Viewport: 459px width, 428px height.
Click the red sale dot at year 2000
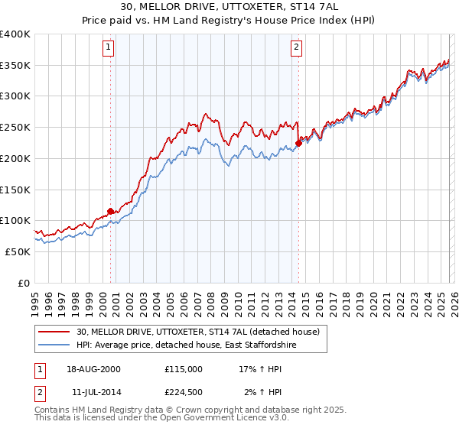(110, 210)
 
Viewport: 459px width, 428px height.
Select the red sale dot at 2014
(298, 142)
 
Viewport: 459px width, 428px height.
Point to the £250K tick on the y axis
(15, 128)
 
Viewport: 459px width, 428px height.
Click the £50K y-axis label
(17, 251)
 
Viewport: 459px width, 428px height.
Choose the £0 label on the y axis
(24, 283)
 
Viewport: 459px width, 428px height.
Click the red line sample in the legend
(55, 332)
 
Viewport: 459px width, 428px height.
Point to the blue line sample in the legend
(55, 345)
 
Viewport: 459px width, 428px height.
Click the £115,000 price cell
(183, 368)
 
